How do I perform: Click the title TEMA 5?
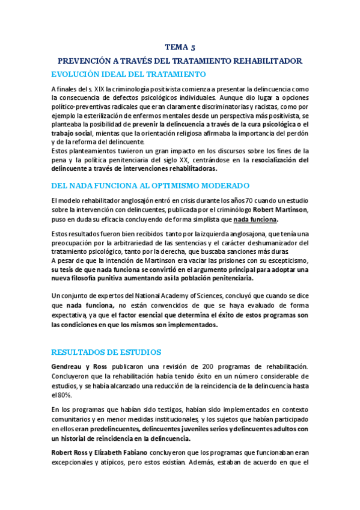180,47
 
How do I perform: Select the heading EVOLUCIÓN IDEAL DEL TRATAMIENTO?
129,74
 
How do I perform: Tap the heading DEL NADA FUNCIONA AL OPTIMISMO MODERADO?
150,186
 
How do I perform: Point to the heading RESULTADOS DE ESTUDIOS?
106,351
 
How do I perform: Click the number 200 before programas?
195,366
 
